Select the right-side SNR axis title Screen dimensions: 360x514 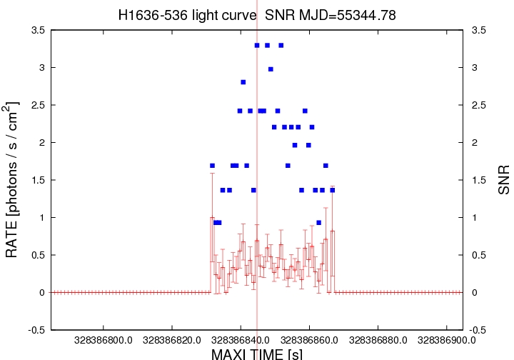[x=504, y=181]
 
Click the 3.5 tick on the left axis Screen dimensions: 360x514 [x=37, y=31]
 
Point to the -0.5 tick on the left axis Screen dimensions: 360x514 [x=35, y=330]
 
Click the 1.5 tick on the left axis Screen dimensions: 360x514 [x=37, y=180]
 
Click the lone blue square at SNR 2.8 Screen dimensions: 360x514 [x=243, y=82]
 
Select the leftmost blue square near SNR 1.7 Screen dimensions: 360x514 [x=212, y=166]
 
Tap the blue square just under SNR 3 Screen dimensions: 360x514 [x=271, y=69]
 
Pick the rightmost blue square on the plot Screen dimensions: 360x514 [x=333, y=190]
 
